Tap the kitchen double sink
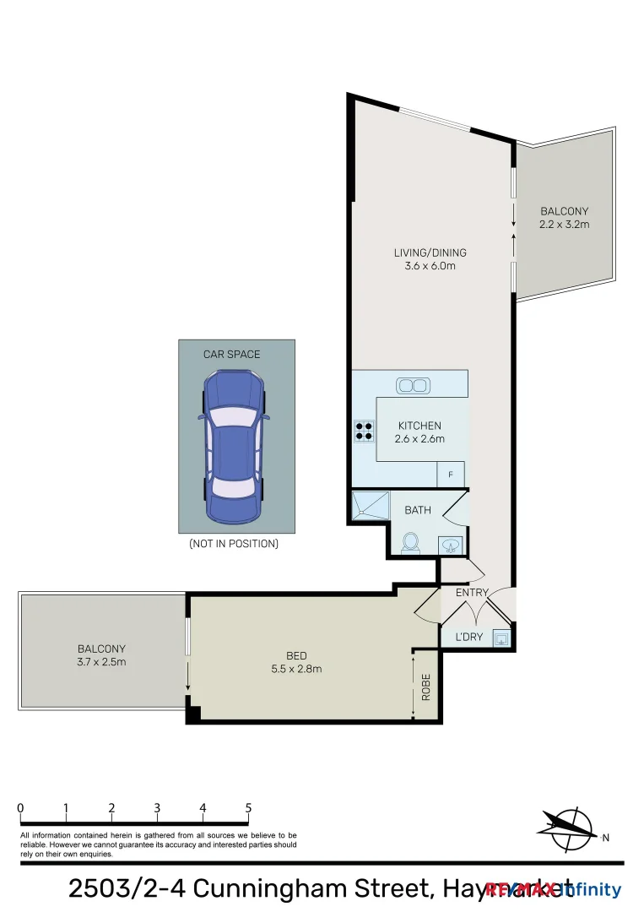point(413,386)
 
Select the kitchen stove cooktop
point(364,432)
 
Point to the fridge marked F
point(451,475)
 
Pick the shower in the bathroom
point(370,507)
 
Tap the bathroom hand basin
point(450,546)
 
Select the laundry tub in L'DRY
point(501,638)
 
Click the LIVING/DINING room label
point(430,252)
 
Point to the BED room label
point(296,655)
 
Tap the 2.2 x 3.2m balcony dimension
point(565,225)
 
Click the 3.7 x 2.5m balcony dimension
point(101,662)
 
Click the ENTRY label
point(472,593)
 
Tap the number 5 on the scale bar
point(248,808)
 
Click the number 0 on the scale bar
point(20,808)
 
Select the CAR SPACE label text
point(232,354)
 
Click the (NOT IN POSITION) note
point(233,544)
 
